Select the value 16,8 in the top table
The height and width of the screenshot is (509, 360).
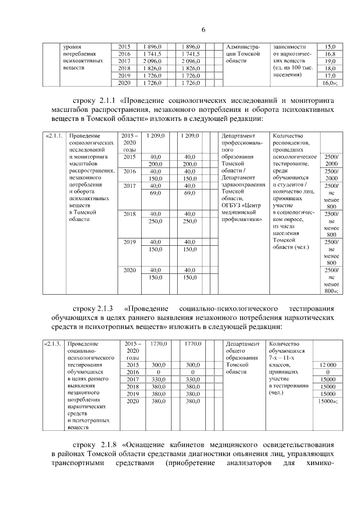pos(330,54)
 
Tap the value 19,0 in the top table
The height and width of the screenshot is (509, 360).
pos(330,61)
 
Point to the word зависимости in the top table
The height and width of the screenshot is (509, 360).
pos(289,46)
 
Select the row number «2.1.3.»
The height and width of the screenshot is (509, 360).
pos(55,343)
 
